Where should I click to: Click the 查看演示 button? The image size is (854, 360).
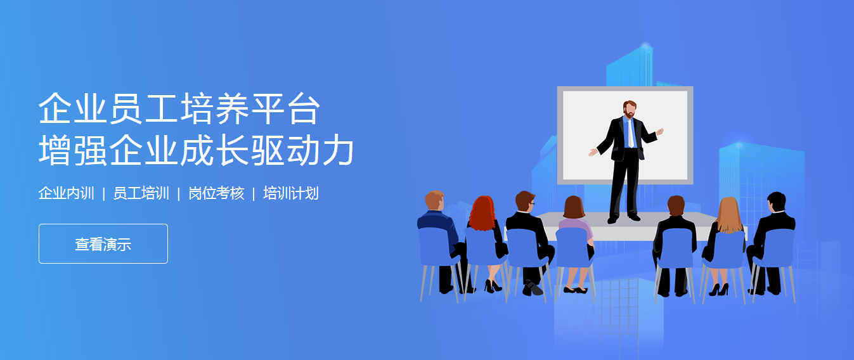click(103, 244)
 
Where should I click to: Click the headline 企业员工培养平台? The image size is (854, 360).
click(178, 109)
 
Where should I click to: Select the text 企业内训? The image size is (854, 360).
click(66, 193)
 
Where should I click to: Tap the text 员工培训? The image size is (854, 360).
click(141, 193)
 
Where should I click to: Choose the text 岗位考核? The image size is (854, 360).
click(216, 193)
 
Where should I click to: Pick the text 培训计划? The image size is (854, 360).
click(290, 193)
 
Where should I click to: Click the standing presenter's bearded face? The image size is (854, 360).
click(629, 110)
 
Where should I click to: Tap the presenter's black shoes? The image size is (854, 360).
click(624, 219)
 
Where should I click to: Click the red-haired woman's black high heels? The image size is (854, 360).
click(493, 286)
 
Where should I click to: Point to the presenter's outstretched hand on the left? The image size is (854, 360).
click(593, 152)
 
